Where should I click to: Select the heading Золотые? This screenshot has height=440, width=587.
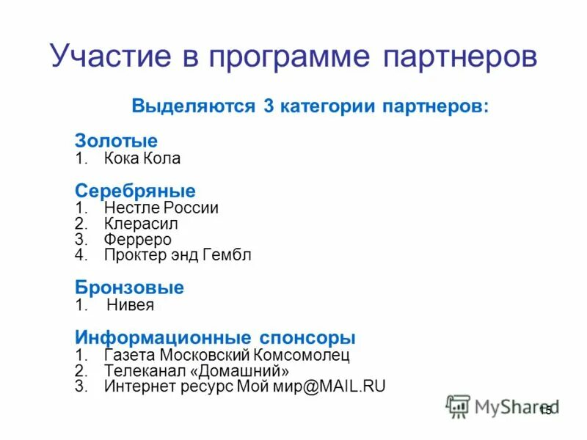[x=116, y=140]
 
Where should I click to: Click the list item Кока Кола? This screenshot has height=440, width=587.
[x=142, y=158]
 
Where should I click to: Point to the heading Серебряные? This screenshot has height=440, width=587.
[x=135, y=191]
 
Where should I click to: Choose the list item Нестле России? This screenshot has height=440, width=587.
[x=161, y=208]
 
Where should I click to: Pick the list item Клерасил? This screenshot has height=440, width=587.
[x=141, y=224]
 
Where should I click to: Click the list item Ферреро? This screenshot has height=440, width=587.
[x=138, y=240]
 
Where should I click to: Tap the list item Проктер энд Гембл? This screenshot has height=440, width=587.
[x=178, y=256]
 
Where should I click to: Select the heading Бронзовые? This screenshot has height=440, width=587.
[x=129, y=287]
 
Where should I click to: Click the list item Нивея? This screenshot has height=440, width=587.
[x=131, y=305]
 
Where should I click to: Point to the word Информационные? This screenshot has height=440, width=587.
[x=161, y=338]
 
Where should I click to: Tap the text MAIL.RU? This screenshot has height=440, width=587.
[x=350, y=386]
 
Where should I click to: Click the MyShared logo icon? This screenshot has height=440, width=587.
[x=459, y=406]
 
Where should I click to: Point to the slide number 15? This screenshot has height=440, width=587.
[x=545, y=411]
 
